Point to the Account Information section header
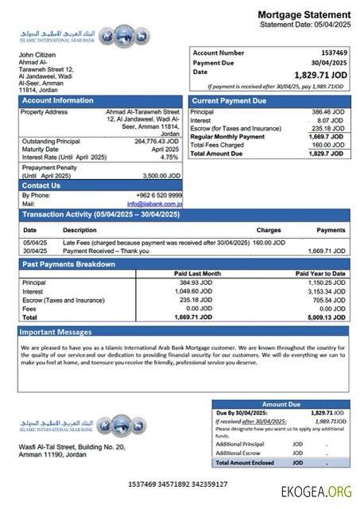tap(57, 101)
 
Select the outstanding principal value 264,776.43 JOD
tap(157, 141)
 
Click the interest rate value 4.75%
tap(169, 157)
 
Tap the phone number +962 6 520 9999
tap(157, 195)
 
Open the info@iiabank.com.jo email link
tap(157, 204)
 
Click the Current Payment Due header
tap(230, 101)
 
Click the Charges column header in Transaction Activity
tap(269, 229)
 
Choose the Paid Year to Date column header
tap(320, 274)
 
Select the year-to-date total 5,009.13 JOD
tap(327, 317)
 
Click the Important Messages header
tap(56, 332)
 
